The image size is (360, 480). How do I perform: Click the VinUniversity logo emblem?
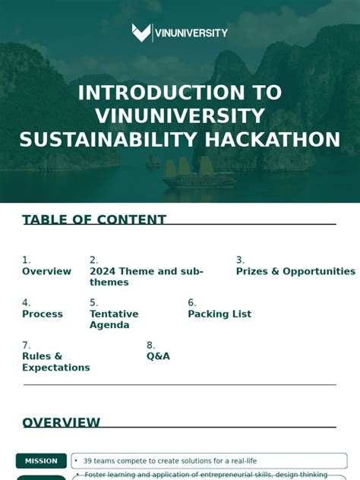141,33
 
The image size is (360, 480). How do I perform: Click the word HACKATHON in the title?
271,140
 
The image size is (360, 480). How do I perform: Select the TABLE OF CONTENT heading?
94,220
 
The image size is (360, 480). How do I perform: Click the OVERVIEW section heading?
62,423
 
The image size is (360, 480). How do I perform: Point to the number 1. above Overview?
27,260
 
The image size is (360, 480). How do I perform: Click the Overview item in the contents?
46,271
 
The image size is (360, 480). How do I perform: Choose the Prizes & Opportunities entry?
295,271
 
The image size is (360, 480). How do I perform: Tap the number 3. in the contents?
240,260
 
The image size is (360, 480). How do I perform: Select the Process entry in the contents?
43,314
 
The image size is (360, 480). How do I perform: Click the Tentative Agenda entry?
114,319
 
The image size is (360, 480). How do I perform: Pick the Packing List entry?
219,314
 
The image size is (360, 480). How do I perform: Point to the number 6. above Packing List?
192,302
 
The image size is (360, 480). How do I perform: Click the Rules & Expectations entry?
55,362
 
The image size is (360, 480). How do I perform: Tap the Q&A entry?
158,356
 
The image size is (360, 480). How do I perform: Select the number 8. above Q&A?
150,345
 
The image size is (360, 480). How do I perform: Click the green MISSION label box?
41,461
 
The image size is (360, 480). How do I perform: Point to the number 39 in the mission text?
88,461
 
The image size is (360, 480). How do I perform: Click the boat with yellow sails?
189,175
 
